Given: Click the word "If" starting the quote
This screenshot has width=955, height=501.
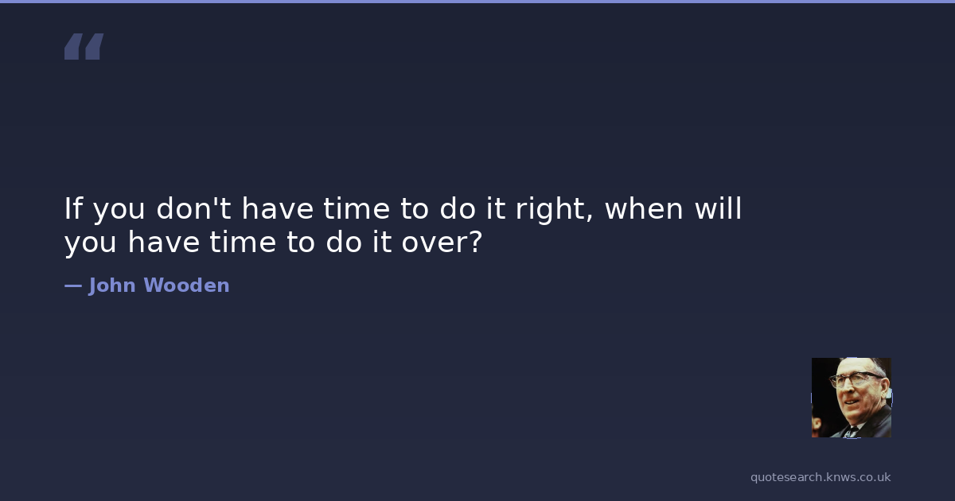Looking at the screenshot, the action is pos(74,208).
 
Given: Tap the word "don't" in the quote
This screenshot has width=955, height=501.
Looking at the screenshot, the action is pos(193,208).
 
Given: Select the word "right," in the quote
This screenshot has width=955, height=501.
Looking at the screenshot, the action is pos(554,210).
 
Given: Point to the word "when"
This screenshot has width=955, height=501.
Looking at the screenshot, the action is pos(644,208).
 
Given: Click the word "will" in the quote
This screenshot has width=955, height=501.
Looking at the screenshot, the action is pos(719,208).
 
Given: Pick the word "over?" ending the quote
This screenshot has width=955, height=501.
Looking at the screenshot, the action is pos(442,242).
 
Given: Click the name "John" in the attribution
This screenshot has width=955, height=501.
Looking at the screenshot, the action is pos(112,285).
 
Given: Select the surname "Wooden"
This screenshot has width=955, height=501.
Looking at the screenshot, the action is pos(187,285).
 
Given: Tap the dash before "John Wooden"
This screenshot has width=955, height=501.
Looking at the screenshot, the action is pos(73,285).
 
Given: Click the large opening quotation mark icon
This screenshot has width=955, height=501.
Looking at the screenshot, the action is pos(84,46).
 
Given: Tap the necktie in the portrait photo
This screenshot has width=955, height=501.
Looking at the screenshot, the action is pos(852,432).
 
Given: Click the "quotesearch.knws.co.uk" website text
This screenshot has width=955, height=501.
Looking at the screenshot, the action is pos(821,477).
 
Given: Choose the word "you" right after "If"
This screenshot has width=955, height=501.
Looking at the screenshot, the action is pos(119,211).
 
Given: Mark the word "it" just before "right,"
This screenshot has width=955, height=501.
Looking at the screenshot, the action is pos(496,208).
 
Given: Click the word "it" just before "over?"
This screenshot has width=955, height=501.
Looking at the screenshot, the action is pos(382,242).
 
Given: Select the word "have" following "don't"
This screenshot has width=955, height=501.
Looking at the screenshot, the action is pos(278,208).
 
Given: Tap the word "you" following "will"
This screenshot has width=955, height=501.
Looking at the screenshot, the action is pos(91,243).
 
